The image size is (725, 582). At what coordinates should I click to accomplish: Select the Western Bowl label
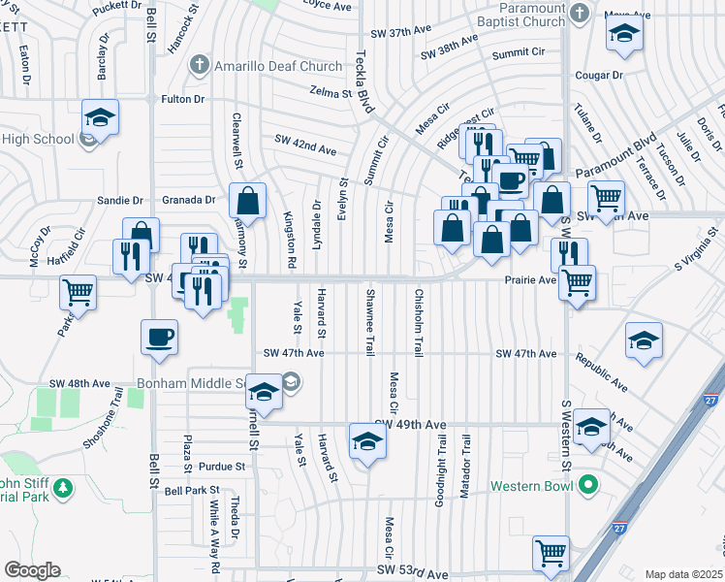pos(533,485)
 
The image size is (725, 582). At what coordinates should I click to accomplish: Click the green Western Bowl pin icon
pos(587,485)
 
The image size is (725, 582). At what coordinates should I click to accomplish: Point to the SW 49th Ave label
pos(411,425)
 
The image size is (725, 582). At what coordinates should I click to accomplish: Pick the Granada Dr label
pos(195,200)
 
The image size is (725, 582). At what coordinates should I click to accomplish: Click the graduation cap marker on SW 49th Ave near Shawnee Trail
pos(368,440)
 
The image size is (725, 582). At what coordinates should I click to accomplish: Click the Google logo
pos(32,570)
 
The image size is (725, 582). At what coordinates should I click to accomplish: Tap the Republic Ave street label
pos(602,372)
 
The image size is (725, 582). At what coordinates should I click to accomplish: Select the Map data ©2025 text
pos(682,574)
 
